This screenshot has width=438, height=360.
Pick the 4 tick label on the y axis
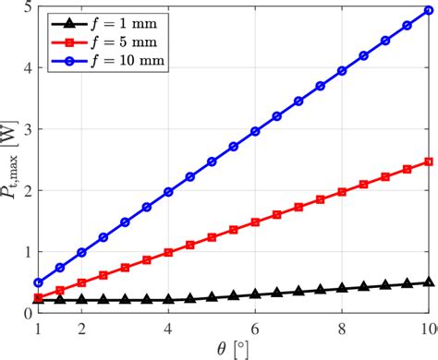tap(26, 68)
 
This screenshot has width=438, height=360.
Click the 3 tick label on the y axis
tap(26, 129)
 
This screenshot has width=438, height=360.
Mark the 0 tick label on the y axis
tap(26, 314)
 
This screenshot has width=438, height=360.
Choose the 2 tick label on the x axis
tap(81, 330)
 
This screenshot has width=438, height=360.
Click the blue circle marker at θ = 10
tap(429, 12)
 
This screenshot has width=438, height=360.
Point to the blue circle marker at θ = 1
tap(38, 282)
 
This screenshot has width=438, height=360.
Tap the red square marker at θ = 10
tap(429, 162)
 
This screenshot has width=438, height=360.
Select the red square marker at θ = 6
tap(255, 222)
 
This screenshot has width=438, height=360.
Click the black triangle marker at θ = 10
tap(429, 282)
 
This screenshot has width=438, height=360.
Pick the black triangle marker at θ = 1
tap(38, 300)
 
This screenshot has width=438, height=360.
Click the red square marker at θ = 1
tap(38, 297)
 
